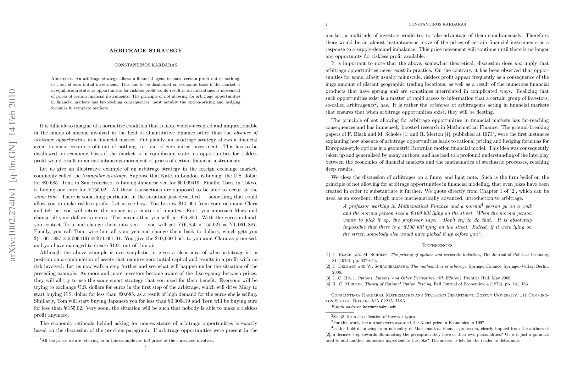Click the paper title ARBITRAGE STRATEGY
(x=146, y=51)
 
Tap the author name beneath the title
(x=146, y=65)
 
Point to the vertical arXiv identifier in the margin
(x=13, y=175)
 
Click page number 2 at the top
(x=326, y=24)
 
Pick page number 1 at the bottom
(x=146, y=346)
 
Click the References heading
(x=437, y=245)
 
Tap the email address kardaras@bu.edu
(x=380, y=307)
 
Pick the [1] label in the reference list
(x=328, y=255)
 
